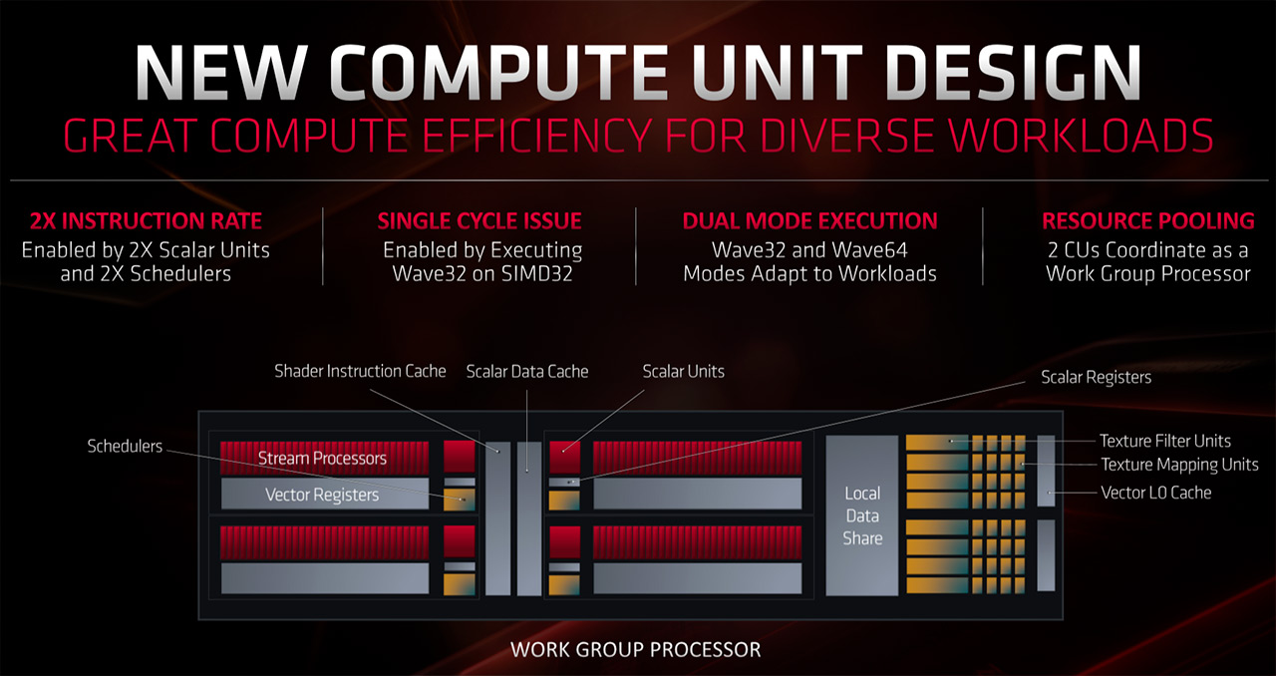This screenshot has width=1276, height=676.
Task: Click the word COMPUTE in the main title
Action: point(499,73)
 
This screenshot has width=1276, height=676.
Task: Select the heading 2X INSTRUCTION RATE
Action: point(146,220)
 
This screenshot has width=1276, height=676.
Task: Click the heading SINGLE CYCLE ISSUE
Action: point(479,220)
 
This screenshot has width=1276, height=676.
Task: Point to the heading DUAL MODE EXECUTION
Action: point(809,220)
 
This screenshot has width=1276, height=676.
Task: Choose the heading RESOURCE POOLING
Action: point(1147,220)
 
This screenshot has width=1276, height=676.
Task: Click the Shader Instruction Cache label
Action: point(360,371)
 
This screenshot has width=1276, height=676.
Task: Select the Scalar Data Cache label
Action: point(527,371)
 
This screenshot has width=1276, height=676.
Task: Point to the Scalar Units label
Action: point(683,371)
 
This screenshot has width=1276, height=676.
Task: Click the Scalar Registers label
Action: point(1096,377)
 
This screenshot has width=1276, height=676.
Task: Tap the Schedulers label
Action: point(125,446)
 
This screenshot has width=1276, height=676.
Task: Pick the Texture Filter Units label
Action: point(1165,441)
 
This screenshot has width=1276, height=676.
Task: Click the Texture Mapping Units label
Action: point(1179,465)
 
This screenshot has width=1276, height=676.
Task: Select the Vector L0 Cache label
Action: point(1155,493)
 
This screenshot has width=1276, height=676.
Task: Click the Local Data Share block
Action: point(862,515)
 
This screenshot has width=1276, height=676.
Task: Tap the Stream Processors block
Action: point(324,458)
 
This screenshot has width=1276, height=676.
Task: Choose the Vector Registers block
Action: point(324,494)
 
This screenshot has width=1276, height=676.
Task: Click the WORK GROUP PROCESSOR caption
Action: point(635,650)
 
